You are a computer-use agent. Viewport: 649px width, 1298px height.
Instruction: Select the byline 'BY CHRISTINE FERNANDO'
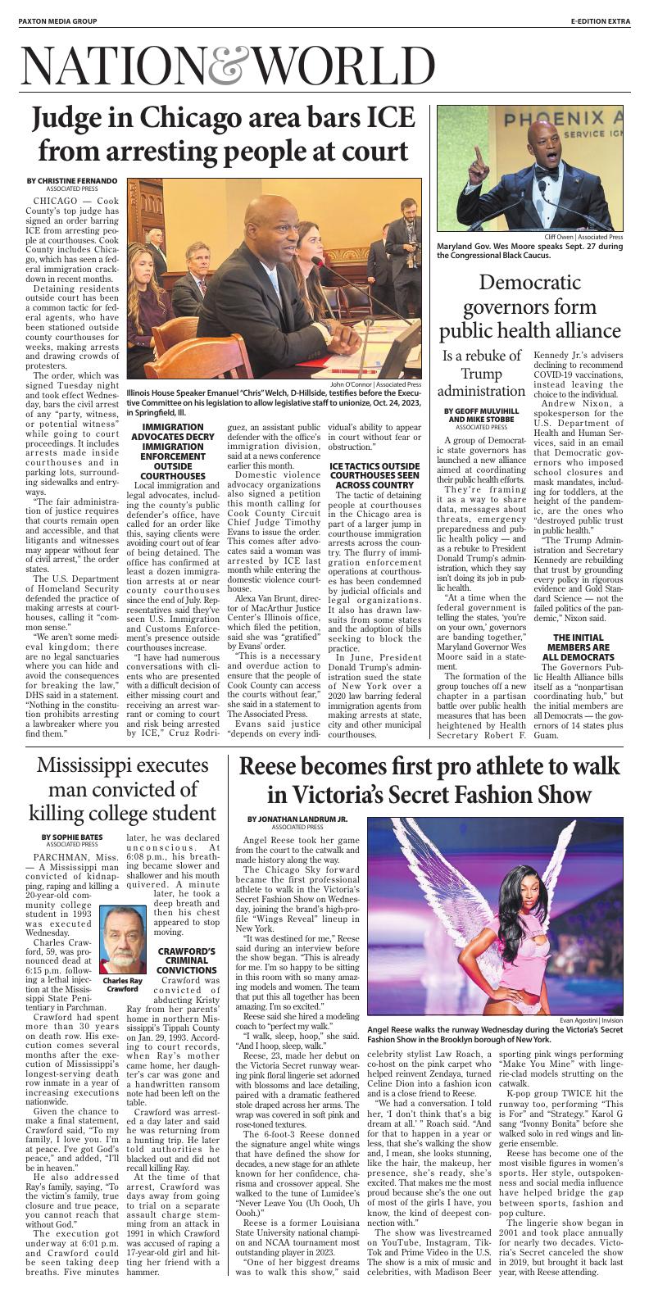(x=72, y=180)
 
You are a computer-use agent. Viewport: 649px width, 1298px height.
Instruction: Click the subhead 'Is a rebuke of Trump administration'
(x=481, y=373)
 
